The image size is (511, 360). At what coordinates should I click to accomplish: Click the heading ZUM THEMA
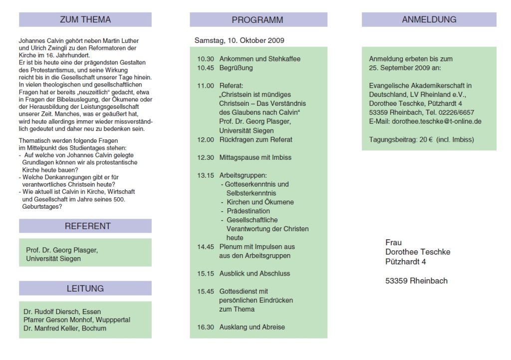point(85,20)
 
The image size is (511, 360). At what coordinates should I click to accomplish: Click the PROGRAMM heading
point(257,20)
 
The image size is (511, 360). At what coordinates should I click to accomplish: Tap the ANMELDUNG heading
point(429,20)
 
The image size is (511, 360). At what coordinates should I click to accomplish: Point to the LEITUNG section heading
point(85,289)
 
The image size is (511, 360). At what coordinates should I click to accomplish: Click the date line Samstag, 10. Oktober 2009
point(240,40)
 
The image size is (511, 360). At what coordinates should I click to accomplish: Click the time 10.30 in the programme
point(206,59)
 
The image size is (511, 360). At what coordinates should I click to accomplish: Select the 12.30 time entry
point(206,158)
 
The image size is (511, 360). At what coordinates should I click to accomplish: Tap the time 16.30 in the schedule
point(206,328)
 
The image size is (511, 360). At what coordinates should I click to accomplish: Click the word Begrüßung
point(236,68)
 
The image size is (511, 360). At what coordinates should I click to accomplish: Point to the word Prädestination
point(248,211)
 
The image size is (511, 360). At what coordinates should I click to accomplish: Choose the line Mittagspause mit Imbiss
point(255,158)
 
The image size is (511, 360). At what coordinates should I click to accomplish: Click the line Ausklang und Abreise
point(253,328)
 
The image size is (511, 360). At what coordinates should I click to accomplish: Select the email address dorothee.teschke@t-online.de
point(437,121)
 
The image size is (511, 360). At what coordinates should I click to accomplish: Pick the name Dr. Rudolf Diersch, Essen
point(62,312)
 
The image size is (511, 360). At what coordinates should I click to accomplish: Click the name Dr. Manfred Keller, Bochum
point(64,329)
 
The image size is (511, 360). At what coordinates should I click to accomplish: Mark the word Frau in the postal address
point(393,243)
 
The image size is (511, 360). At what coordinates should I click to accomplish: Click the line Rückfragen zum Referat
point(256,140)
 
